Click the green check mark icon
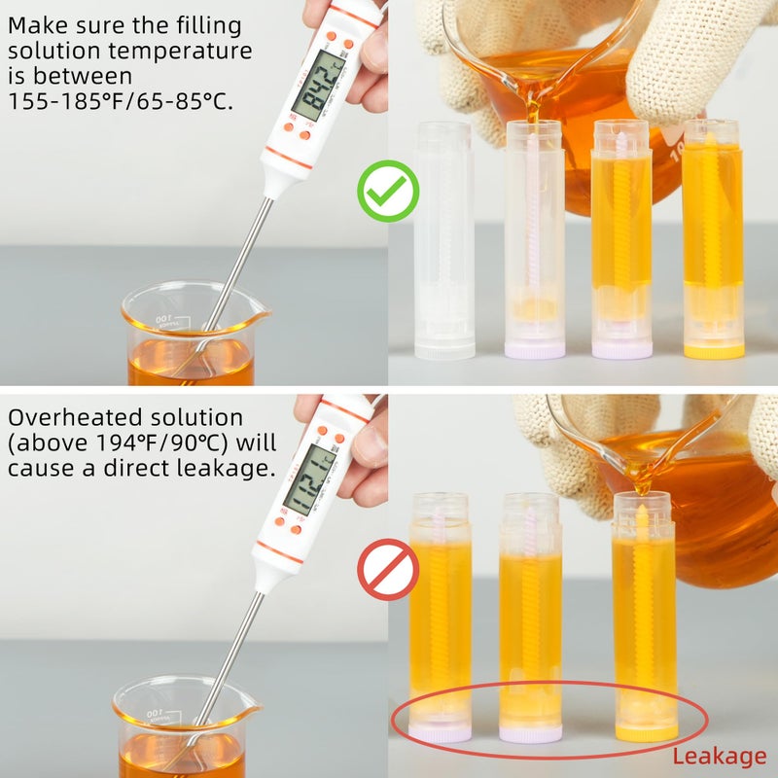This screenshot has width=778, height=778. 388,190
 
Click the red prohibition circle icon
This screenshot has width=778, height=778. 388,569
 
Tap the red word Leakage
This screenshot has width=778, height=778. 719,756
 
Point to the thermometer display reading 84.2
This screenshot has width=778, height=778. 317,86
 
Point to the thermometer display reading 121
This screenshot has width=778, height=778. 310,479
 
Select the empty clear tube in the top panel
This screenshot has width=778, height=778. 444,239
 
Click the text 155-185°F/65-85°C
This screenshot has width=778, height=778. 122,100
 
